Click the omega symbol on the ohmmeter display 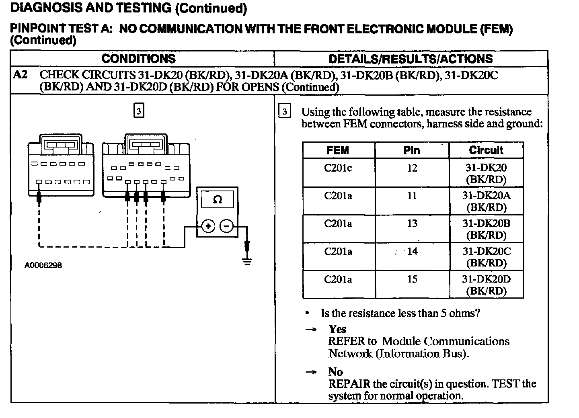click(217, 199)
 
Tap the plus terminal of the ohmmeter click(208, 227)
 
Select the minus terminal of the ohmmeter click(226, 227)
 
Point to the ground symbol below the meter click(247, 261)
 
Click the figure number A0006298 click(43, 265)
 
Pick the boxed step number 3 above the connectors click(138, 111)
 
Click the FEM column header click(338, 150)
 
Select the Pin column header click(412, 150)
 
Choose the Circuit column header click(486, 150)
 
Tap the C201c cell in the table click(338, 168)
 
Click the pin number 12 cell click(412, 168)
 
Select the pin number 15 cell click(412, 279)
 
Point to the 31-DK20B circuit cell click(486, 229)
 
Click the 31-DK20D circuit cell click(486, 285)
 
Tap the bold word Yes click(337, 329)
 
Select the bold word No click(335, 372)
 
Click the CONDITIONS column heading click(139, 59)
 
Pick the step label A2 click(20, 75)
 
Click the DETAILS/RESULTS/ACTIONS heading click(411, 59)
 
